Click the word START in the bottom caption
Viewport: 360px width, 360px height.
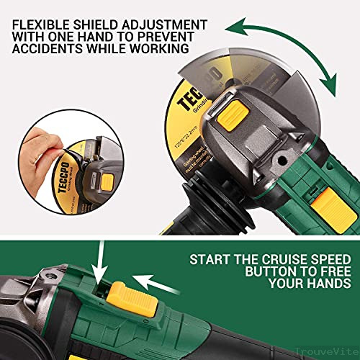[212, 239]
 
